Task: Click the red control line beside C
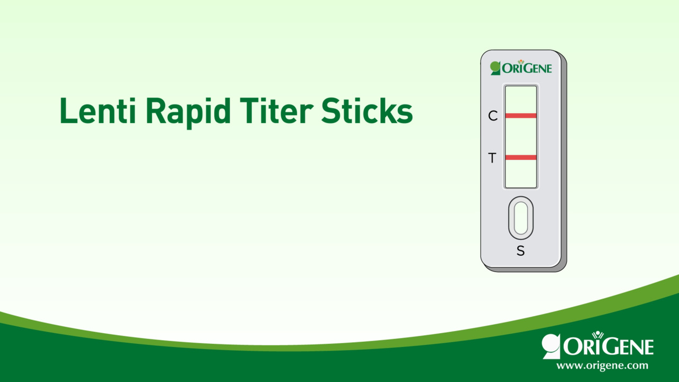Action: pyautogui.click(x=520, y=116)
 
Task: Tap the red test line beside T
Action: pyautogui.click(x=520, y=158)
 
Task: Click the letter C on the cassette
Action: pyautogui.click(x=493, y=116)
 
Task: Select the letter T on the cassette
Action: pyautogui.click(x=492, y=158)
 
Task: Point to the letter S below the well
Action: pyautogui.click(x=520, y=251)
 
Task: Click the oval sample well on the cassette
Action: pyautogui.click(x=521, y=218)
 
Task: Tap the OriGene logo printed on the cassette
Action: pyautogui.click(x=521, y=68)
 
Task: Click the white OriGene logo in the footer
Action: pyautogui.click(x=598, y=346)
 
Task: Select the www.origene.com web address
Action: pyautogui.click(x=602, y=366)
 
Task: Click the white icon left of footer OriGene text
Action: pyautogui.click(x=551, y=346)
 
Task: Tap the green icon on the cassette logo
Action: pyautogui.click(x=495, y=68)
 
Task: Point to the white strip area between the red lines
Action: pyautogui.click(x=520, y=136)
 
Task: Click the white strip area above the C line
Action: pyautogui.click(x=520, y=100)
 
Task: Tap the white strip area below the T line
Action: pyautogui.click(x=520, y=173)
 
